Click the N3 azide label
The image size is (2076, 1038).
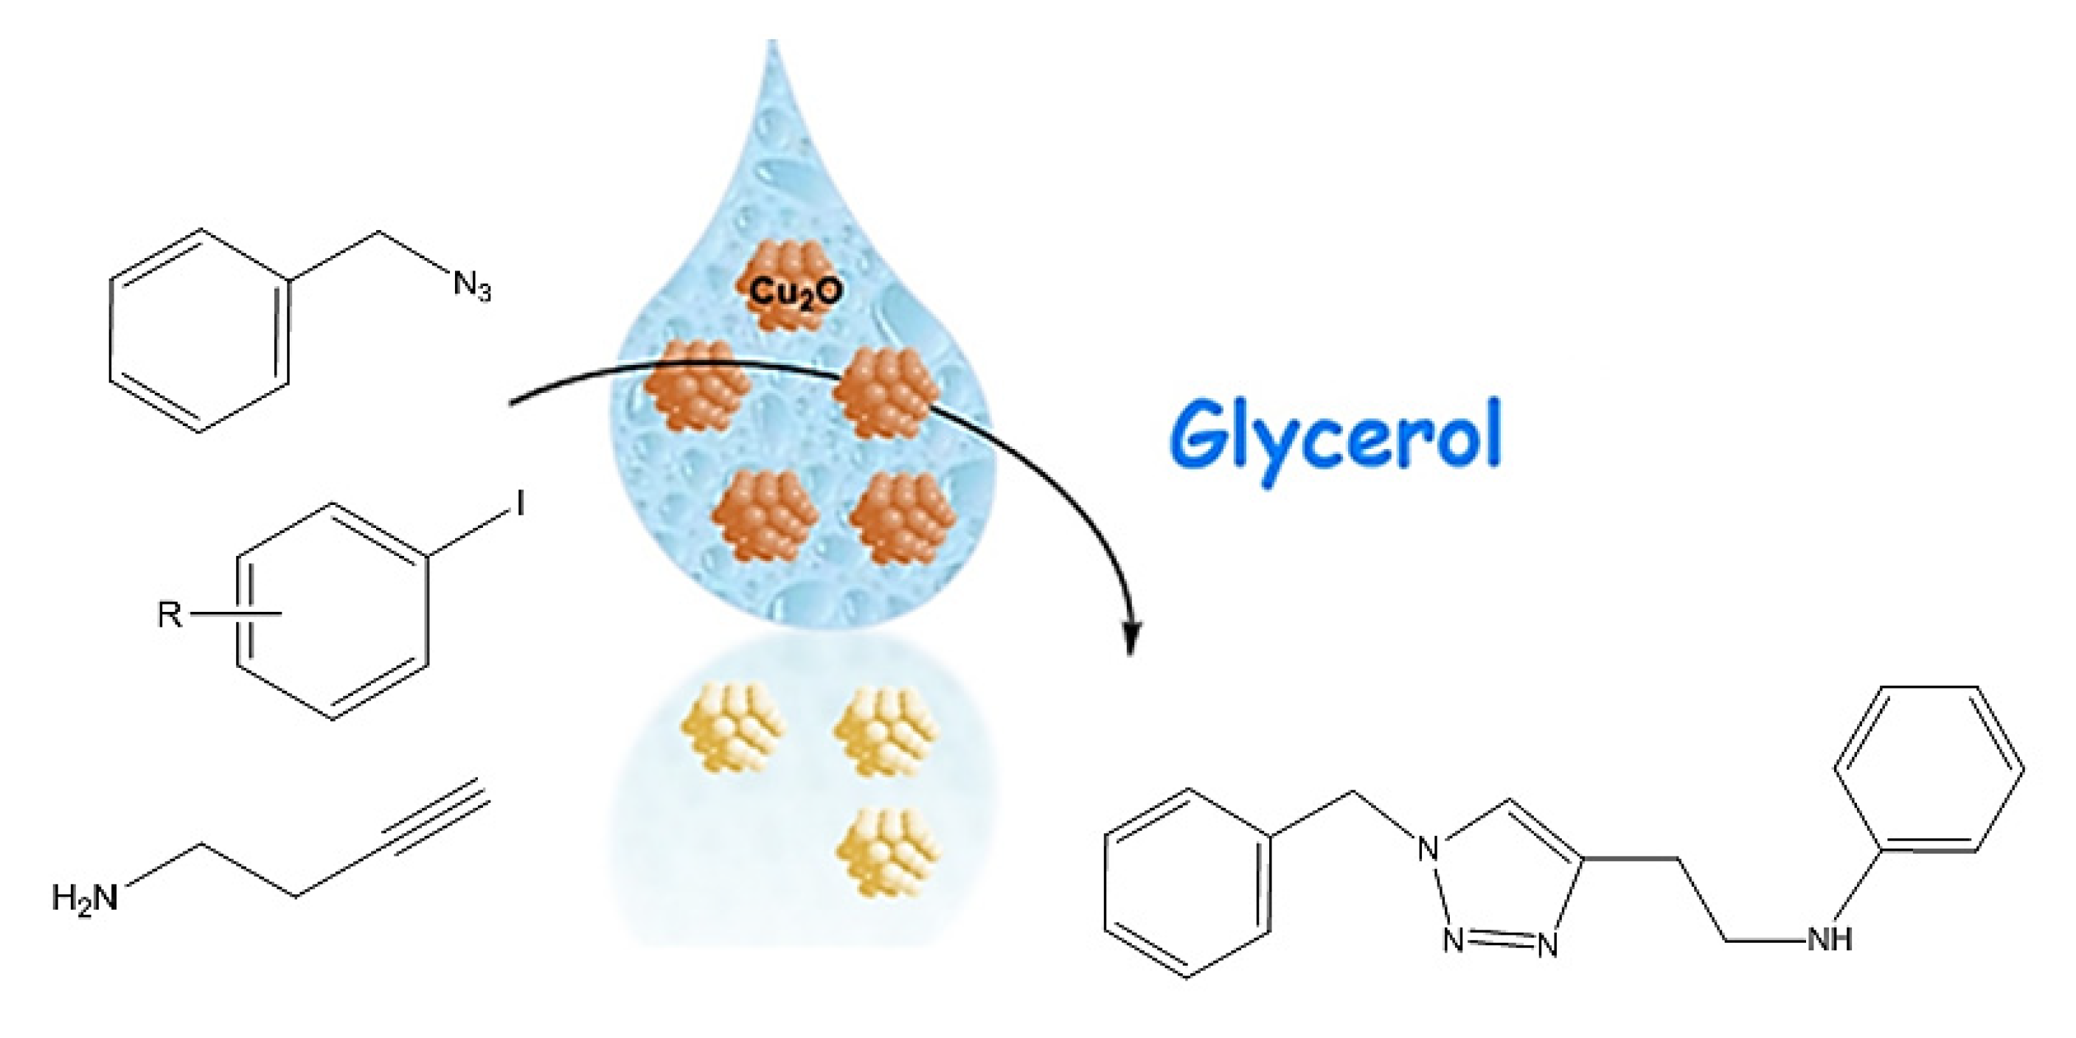[x=472, y=286]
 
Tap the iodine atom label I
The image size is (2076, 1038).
[x=520, y=504]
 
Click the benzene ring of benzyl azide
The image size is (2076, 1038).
[x=199, y=330]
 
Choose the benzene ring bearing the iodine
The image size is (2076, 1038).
[x=332, y=612]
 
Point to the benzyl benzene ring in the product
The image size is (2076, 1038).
[x=1187, y=883]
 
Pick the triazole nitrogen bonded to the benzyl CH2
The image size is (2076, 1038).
[x=1428, y=848]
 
